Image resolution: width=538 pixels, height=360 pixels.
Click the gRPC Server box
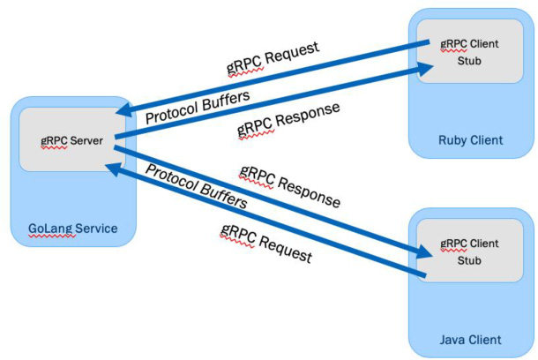tap(67, 139)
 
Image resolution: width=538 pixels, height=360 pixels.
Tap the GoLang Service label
tap(64, 229)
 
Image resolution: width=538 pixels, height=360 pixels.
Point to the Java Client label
tap(470, 339)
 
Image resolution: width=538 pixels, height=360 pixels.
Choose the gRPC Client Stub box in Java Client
tap(469, 251)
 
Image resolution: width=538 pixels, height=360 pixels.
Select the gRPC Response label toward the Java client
tap(289, 186)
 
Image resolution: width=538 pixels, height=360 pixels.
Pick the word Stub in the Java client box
tap(469, 259)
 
